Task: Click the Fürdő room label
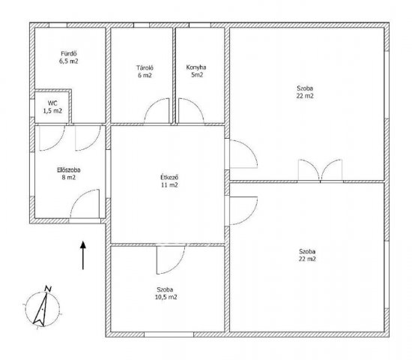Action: pyautogui.click(x=69, y=54)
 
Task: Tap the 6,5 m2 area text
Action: pyautogui.click(x=69, y=61)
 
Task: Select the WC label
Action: pyautogui.click(x=52, y=103)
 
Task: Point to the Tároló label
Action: pyautogui.click(x=145, y=68)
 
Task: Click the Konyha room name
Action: pyautogui.click(x=196, y=67)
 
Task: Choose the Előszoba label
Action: pyautogui.click(x=69, y=170)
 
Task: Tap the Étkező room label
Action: pyautogui.click(x=169, y=177)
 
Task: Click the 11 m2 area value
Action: pyautogui.click(x=169, y=185)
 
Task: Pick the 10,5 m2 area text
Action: pyautogui.click(x=166, y=297)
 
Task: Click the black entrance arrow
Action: pyautogui.click(x=83, y=255)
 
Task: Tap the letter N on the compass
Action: pyautogui.click(x=48, y=289)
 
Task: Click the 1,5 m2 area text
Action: pyautogui.click(x=52, y=111)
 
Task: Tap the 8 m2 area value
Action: pyautogui.click(x=69, y=178)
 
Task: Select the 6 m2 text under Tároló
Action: pyautogui.click(x=145, y=76)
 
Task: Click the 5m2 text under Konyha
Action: pyautogui.click(x=197, y=75)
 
